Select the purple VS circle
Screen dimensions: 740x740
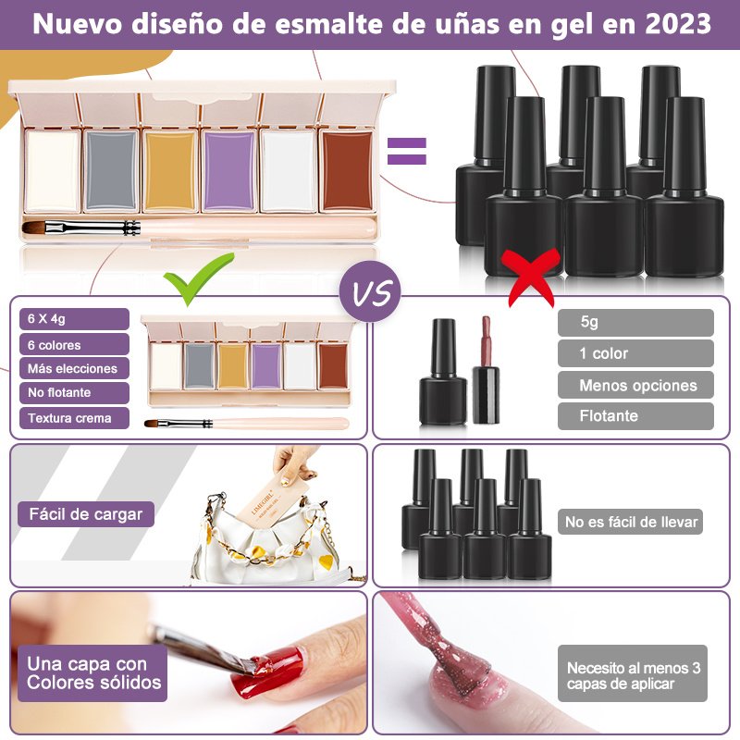(370, 291)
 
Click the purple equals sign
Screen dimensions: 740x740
(406, 151)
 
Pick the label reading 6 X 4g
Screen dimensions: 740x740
(74, 319)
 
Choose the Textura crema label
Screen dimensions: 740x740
(74, 418)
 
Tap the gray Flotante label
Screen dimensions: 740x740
(635, 415)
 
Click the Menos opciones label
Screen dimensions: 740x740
(635, 385)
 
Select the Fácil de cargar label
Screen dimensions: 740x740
(86, 514)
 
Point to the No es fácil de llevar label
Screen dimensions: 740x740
(631, 522)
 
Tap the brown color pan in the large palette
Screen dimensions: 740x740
(348, 171)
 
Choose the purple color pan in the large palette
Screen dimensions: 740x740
(229, 171)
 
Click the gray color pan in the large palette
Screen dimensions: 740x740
(111, 171)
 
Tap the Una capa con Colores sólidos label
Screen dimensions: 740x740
(92, 673)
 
